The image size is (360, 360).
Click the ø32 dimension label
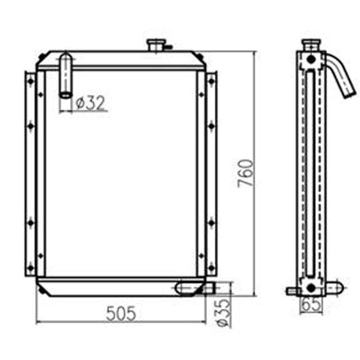coord(90,103)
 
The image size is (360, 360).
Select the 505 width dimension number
coord(121,314)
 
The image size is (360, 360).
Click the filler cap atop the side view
coord(310,43)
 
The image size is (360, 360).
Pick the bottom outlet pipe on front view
coord(195,288)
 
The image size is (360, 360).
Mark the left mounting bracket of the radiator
coord(30,174)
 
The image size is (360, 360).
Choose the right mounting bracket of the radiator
coord(211,174)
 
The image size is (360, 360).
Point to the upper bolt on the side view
coord(310,60)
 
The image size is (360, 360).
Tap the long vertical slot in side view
coord(310,174)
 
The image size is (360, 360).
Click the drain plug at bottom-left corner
coord(41,290)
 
